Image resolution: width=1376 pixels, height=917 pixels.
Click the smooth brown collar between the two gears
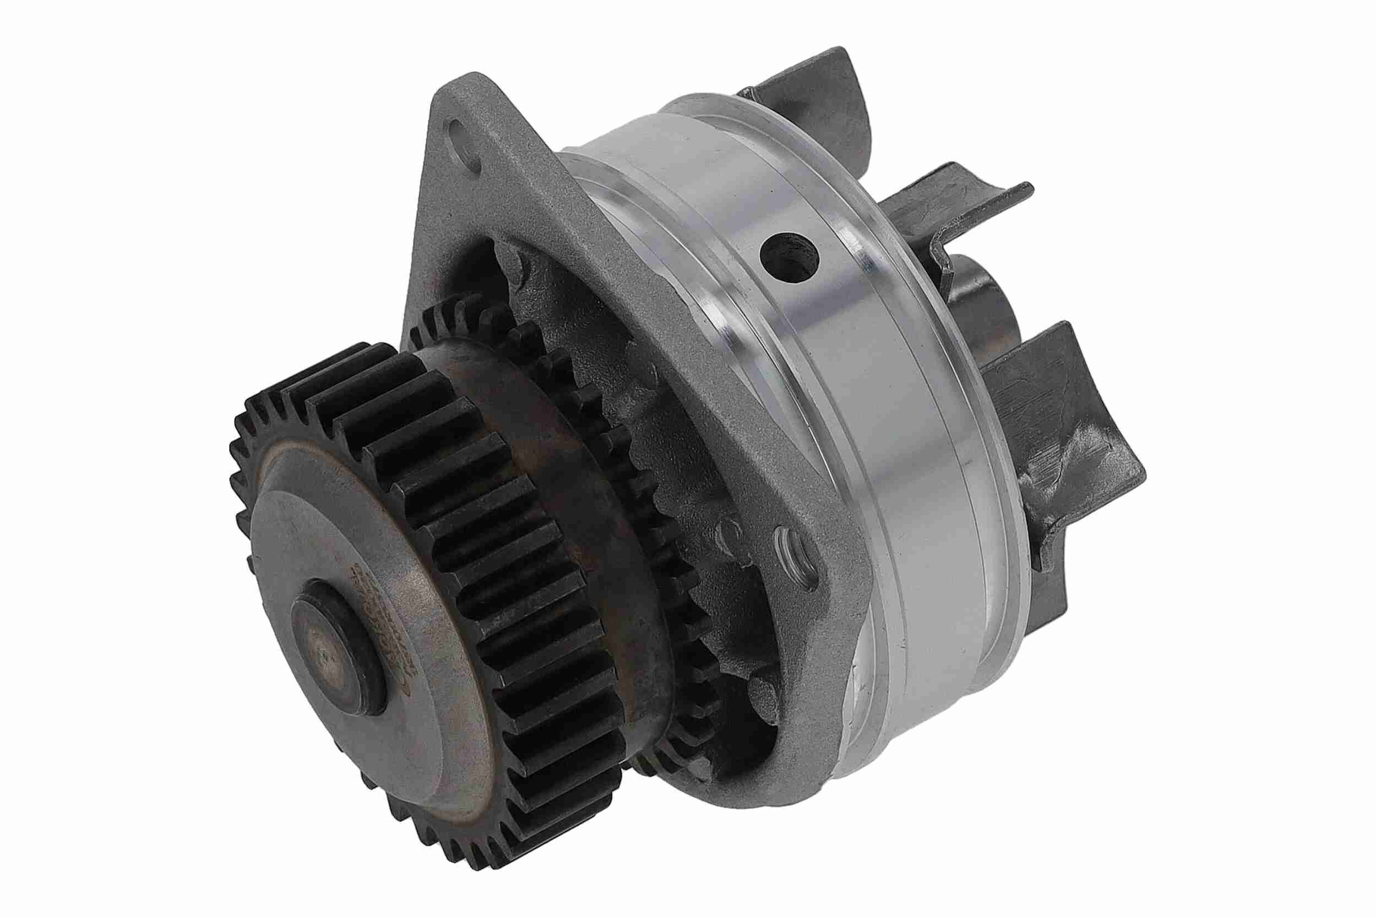[556, 468]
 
